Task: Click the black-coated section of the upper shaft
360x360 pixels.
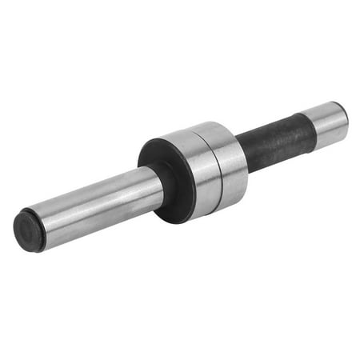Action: tap(272, 139)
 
